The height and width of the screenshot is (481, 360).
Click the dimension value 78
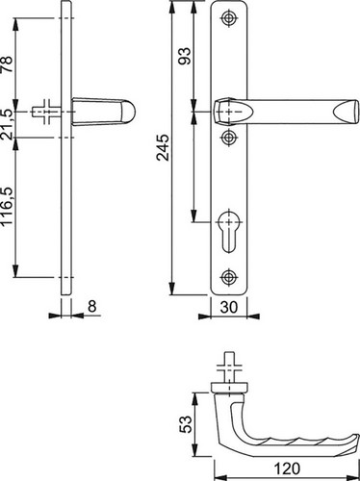click(x=7, y=64)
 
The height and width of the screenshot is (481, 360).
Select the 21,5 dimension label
click(x=7, y=124)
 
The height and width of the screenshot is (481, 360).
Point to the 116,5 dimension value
click(x=7, y=206)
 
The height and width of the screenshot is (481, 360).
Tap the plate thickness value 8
click(x=92, y=306)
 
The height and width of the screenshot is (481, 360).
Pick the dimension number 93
click(x=185, y=57)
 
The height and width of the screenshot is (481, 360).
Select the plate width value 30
click(x=229, y=307)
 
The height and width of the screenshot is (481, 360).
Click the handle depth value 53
click(x=186, y=424)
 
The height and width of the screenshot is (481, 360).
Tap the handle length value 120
click(x=287, y=468)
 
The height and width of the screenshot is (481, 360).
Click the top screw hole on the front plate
click(x=229, y=17)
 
